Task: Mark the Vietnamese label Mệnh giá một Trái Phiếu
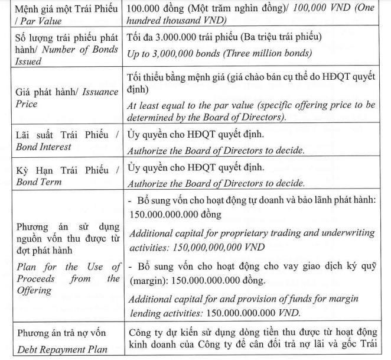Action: point(61,9)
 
